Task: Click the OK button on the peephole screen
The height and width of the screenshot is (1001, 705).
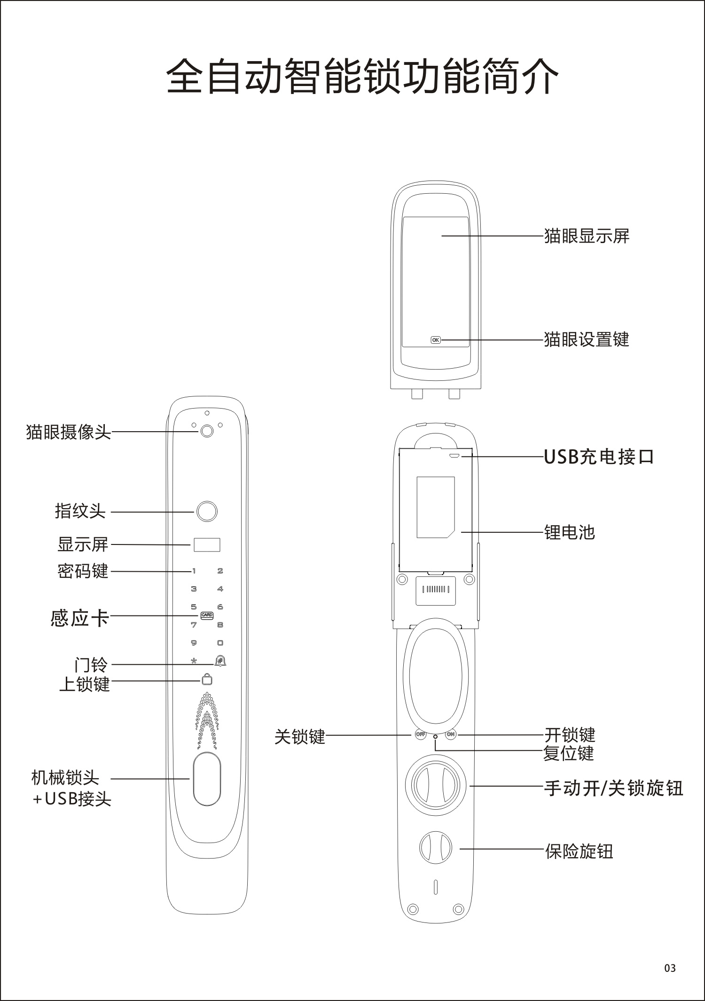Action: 436,339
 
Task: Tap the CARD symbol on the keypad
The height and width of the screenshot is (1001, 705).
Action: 207,615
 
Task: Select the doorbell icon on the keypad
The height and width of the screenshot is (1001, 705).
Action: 219,661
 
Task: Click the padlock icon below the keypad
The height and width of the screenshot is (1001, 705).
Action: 207,679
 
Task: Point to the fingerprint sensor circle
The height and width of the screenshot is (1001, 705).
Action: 207,512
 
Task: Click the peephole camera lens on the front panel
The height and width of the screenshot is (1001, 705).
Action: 207,431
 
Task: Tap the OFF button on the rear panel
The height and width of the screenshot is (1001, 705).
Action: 420,734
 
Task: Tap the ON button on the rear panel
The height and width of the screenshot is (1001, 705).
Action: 451,734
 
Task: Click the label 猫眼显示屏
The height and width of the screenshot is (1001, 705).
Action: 587,236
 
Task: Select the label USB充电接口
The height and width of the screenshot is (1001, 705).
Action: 599,457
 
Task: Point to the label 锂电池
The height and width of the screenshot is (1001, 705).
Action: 570,532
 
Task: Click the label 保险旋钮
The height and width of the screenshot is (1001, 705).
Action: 579,851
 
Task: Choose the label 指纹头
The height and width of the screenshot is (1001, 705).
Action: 80,511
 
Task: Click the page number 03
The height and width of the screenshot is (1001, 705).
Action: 670,968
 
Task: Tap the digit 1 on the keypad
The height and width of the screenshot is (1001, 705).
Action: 194,571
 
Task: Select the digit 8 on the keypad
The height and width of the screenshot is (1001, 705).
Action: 220,625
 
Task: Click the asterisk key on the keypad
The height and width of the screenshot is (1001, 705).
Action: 194,661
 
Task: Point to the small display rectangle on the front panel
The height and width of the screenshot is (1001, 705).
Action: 207,545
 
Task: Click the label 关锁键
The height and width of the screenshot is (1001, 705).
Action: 300,736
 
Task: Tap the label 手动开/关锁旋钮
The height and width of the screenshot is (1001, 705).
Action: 614,788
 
